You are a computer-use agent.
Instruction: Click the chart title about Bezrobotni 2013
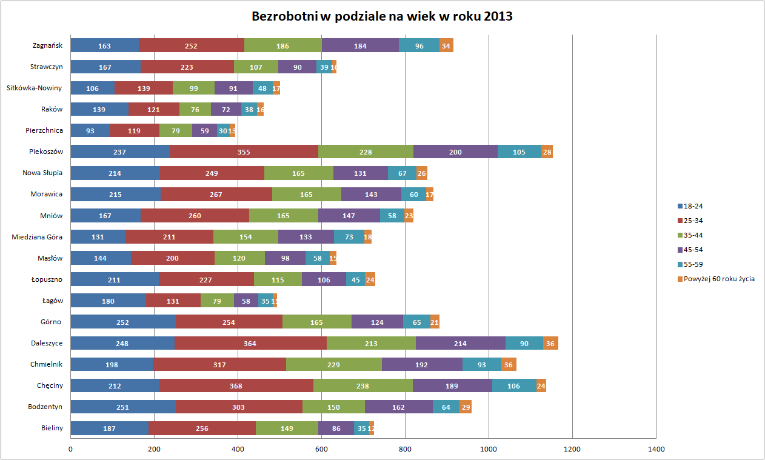[x=382, y=16]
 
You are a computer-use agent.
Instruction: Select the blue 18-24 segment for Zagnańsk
[x=105, y=45]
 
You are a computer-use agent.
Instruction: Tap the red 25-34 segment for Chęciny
[x=236, y=386]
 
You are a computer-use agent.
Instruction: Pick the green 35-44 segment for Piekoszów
[x=366, y=152]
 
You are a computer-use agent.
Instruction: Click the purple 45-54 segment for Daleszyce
[x=461, y=344]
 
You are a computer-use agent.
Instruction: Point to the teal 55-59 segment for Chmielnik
[x=482, y=365]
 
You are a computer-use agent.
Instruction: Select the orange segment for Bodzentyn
[x=466, y=407]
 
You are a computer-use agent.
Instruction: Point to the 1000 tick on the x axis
[x=489, y=450]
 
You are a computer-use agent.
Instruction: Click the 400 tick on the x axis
[x=238, y=450]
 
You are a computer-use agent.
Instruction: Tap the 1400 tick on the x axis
[x=656, y=450]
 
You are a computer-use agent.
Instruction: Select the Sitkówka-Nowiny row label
[x=34, y=88]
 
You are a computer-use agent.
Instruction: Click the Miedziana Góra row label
[x=37, y=237]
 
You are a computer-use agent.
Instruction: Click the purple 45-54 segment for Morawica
[x=371, y=195]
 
